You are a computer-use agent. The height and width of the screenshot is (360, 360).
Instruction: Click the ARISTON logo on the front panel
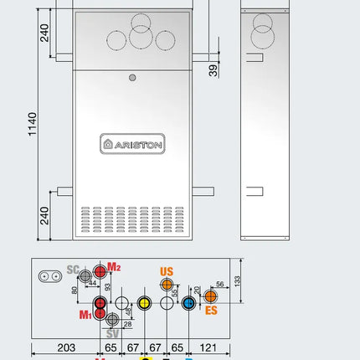(x=132, y=143)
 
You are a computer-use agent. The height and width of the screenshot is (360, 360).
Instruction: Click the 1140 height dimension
(x=32, y=124)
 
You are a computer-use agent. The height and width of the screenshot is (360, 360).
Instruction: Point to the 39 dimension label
(x=214, y=70)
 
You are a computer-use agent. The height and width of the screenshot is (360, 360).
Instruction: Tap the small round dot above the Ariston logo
(x=131, y=78)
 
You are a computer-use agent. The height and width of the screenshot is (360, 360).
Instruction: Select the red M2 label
(x=115, y=267)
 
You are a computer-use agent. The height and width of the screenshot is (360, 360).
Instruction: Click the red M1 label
(x=85, y=315)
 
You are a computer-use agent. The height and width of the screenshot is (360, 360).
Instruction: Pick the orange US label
(x=167, y=272)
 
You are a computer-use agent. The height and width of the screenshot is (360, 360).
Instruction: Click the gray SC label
(x=72, y=270)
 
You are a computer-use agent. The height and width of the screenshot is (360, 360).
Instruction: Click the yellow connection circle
(x=144, y=303)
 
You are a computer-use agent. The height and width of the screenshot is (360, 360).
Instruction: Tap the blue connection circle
(x=188, y=303)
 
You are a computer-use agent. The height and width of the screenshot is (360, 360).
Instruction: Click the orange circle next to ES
(x=210, y=297)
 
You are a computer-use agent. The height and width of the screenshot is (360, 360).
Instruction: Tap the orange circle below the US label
(x=167, y=286)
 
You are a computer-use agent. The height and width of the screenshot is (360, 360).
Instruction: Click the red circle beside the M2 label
(x=100, y=271)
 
